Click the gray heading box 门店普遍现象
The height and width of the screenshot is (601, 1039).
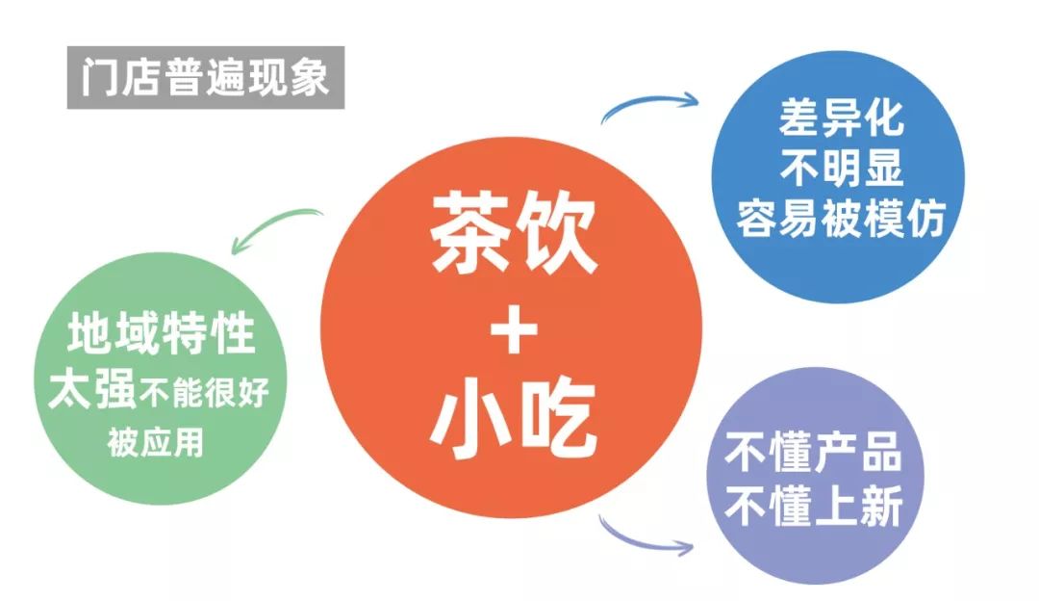(205, 76)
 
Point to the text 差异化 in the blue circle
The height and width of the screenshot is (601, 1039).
(841, 118)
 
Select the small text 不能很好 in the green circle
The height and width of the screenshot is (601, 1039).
(205, 393)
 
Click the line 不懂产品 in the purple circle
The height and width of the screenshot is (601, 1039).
(813, 455)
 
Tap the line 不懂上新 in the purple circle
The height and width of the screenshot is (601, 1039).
(813, 508)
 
